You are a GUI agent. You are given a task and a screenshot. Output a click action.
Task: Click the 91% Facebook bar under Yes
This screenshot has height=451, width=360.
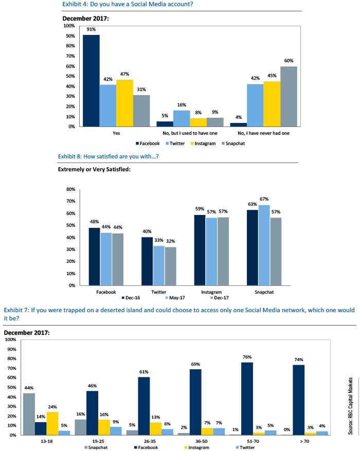pos(91,80)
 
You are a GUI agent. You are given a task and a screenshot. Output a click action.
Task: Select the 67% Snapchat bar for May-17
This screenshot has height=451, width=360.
pos(264,245)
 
